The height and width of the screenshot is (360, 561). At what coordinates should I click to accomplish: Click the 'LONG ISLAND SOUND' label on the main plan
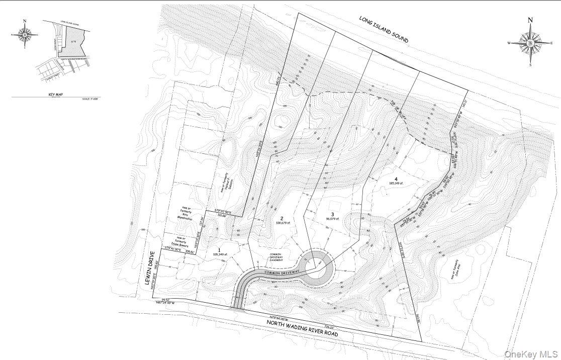coord(383,29)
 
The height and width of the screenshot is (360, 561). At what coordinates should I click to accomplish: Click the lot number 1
coord(219,250)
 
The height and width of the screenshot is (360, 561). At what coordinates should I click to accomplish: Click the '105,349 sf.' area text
coord(221,254)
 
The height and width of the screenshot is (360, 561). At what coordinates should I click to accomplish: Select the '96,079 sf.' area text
coord(332,219)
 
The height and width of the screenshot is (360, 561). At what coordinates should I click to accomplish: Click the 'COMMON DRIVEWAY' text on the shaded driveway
coord(279,272)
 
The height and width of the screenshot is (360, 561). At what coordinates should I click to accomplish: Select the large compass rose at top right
coord(530,42)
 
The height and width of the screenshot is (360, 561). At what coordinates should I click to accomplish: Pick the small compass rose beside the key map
coord(25,34)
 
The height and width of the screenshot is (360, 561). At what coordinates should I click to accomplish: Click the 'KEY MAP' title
coord(56,95)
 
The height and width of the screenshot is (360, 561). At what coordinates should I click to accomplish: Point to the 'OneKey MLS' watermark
coord(531,353)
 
